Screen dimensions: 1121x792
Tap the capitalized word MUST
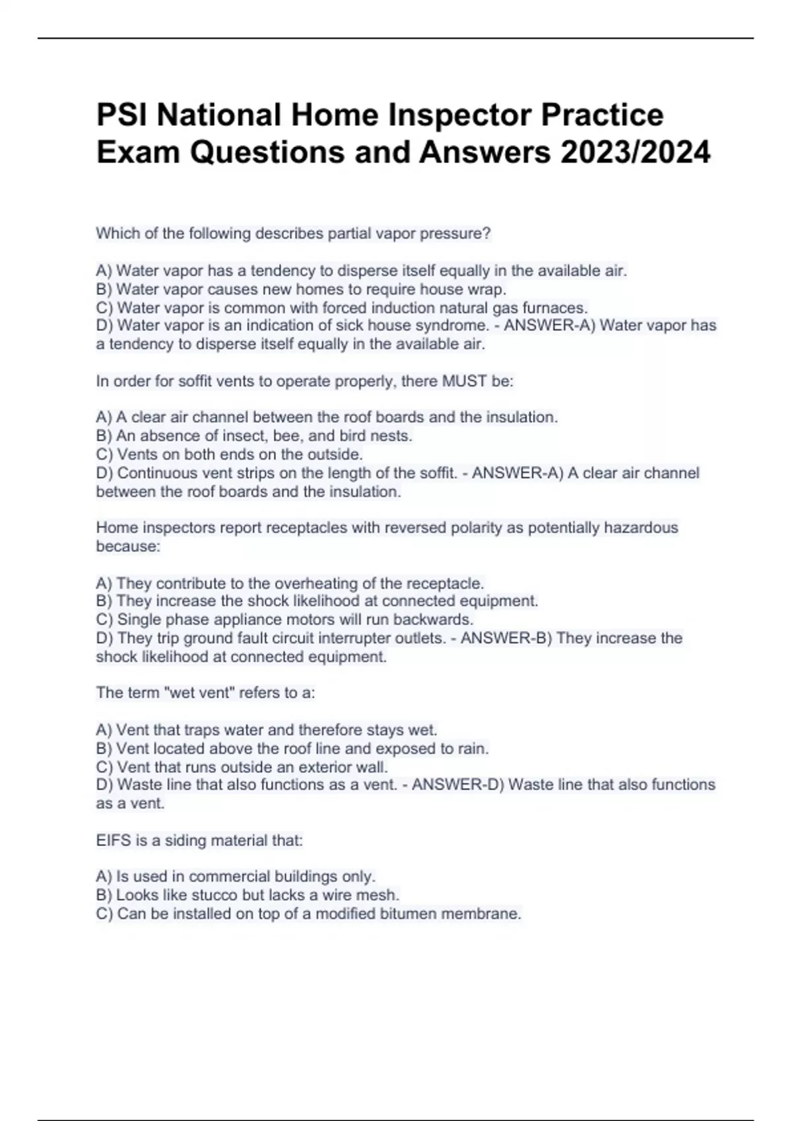coord(465,381)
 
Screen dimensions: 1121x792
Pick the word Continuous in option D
coord(158,473)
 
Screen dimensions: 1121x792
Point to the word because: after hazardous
coord(128,546)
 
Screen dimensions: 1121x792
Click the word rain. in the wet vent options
coord(473,749)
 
